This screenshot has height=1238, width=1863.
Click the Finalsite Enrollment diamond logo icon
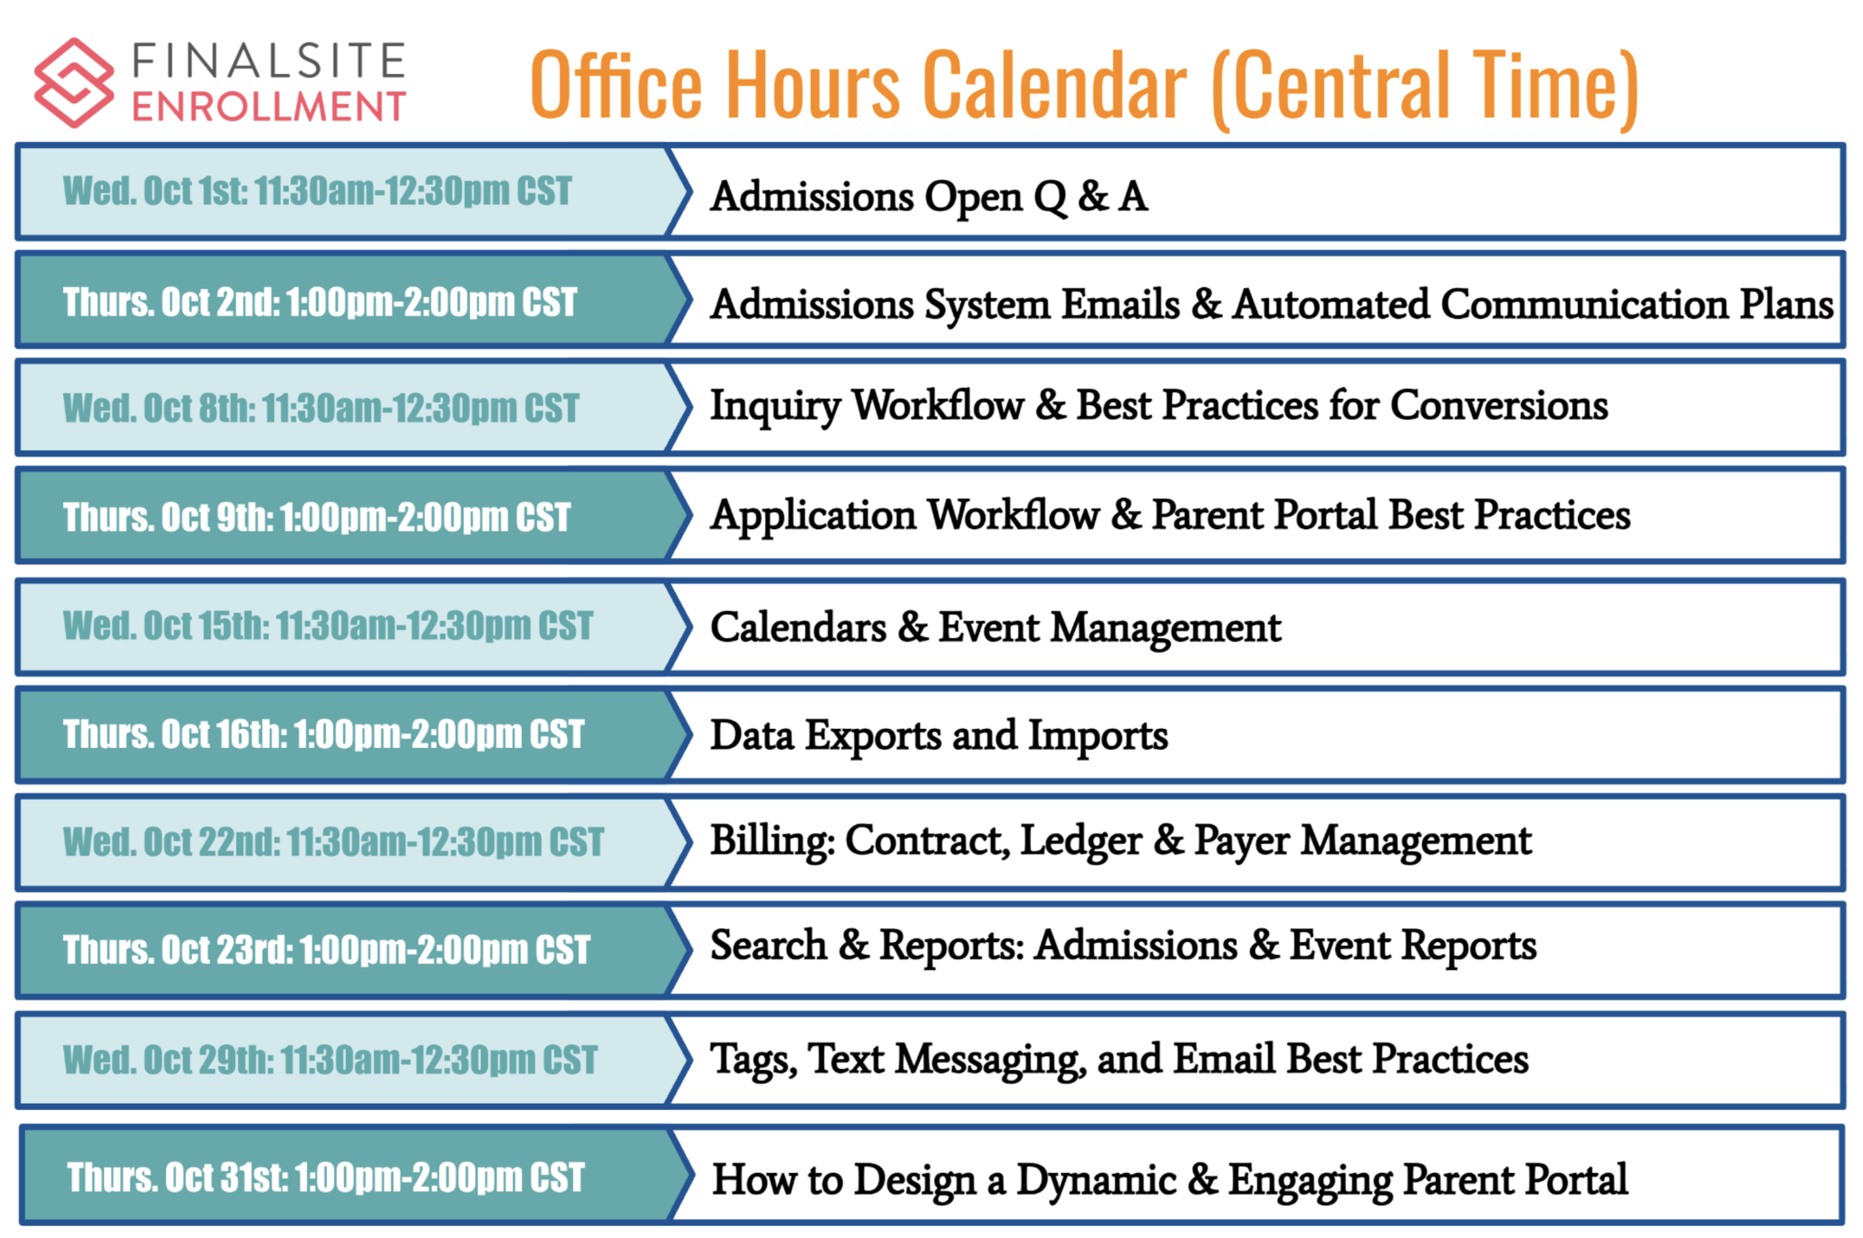(x=73, y=83)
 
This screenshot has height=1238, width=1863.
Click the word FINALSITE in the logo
(x=269, y=62)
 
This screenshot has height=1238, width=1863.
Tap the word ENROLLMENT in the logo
(x=269, y=107)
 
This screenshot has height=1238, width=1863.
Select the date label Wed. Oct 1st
(x=155, y=191)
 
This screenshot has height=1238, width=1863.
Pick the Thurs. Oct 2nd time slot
(x=320, y=303)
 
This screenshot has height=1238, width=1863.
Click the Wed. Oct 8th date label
(x=159, y=408)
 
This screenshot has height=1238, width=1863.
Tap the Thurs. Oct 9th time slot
(x=316, y=517)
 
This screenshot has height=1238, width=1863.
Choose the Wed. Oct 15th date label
(x=166, y=626)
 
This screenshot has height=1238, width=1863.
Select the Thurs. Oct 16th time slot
(x=324, y=734)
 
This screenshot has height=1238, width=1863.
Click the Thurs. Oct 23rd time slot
(x=327, y=949)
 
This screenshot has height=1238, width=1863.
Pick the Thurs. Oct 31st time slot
(x=326, y=1177)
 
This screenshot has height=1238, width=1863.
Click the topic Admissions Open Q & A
(x=929, y=196)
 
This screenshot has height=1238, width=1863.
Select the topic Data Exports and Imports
(x=939, y=736)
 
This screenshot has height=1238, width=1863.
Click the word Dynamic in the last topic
(x=1097, y=1181)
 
